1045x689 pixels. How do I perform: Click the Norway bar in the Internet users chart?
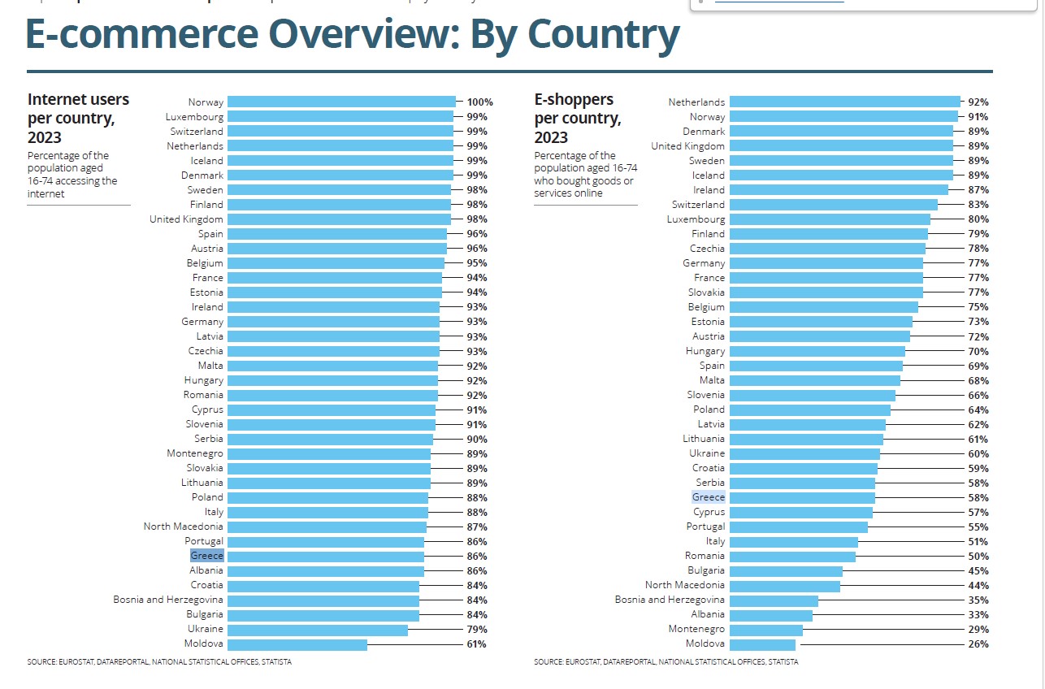(341, 102)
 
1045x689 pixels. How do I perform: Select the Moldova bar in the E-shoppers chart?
(762, 644)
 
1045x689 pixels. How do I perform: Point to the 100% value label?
(480, 102)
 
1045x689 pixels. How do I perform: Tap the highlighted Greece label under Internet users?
(207, 557)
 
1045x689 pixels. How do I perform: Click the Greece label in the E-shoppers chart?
(709, 497)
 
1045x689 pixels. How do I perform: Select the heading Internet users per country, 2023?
(78, 118)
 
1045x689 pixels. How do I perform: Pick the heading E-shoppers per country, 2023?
(578, 118)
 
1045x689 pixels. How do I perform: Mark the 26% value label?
(978, 644)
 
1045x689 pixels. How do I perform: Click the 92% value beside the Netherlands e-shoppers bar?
(978, 102)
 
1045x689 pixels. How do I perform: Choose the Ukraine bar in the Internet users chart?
(317, 630)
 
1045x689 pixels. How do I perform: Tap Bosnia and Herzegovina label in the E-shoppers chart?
(670, 600)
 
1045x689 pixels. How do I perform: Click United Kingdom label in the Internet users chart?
(186, 219)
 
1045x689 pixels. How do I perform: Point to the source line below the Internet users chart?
(159, 662)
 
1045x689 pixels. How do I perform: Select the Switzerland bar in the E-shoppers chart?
(833, 205)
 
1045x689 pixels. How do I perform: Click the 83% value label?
(978, 205)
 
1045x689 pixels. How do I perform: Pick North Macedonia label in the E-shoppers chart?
(685, 586)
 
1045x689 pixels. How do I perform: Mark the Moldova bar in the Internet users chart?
(297, 644)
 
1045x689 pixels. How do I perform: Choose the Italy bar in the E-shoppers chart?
(793, 542)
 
